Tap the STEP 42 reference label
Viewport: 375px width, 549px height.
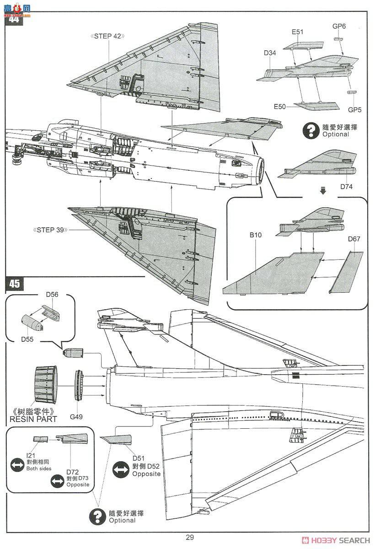pyautogui.click(x=108, y=36)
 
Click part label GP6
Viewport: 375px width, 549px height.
pyautogui.click(x=339, y=26)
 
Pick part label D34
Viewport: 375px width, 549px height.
pyautogui.click(x=270, y=53)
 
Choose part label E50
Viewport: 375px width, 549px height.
pyautogui.click(x=280, y=107)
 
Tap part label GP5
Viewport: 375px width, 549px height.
pyautogui.click(x=354, y=110)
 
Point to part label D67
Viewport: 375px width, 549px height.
pyautogui.click(x=354, y=239)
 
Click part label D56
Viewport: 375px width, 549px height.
pyautogui.click(x=52, y=295)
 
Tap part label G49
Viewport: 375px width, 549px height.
pyautogui.click(x=76, y=417)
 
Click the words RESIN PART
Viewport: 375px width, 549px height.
pyautogui.click(x=34, y=419)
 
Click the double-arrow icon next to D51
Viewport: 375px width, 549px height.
pyautogui.click(x=120, y=470)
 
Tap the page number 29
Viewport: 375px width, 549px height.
pyautogui.click(x=190, y=538)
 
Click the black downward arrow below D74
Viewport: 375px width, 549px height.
pyautogui.click(x=323, y=191)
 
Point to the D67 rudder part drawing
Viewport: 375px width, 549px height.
pyautogui.click(x=346, y=272)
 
